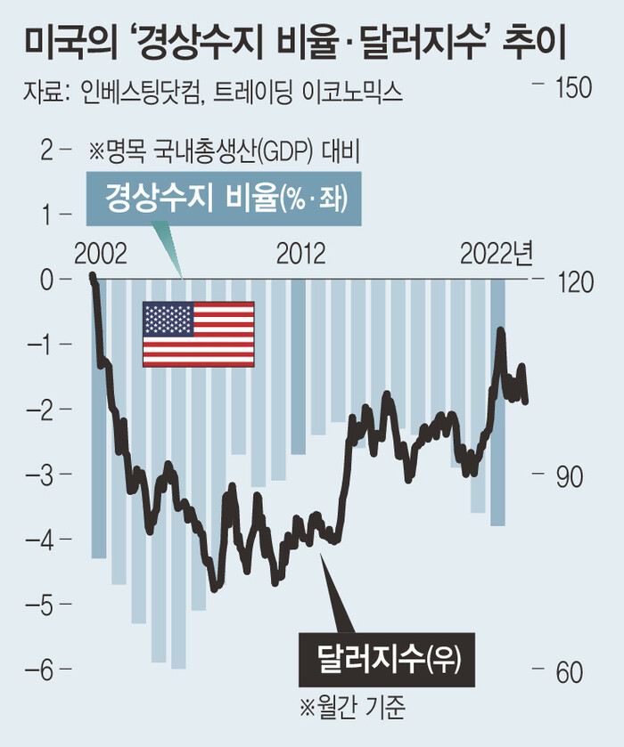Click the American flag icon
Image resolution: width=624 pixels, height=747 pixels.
(199, 334)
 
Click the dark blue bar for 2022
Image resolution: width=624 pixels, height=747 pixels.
(497, 401)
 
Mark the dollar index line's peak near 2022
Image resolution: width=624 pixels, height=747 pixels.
(501, 331)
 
